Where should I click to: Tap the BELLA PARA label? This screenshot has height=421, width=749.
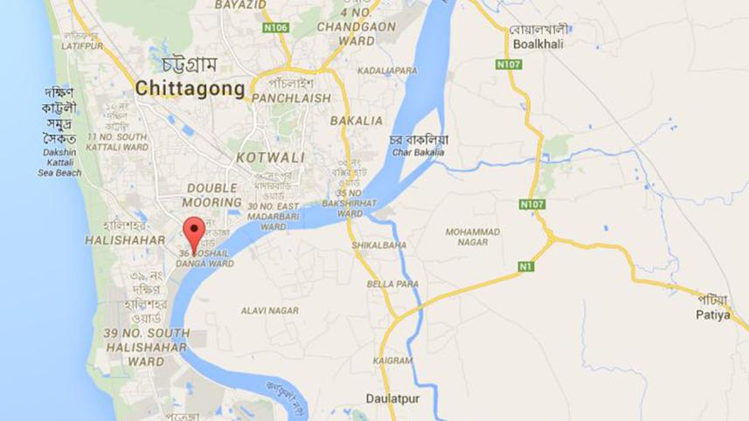tap(392, 284)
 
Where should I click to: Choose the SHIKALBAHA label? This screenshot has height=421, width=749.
tap(378, 245)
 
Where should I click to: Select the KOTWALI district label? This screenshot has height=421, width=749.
tap(270, 158)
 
